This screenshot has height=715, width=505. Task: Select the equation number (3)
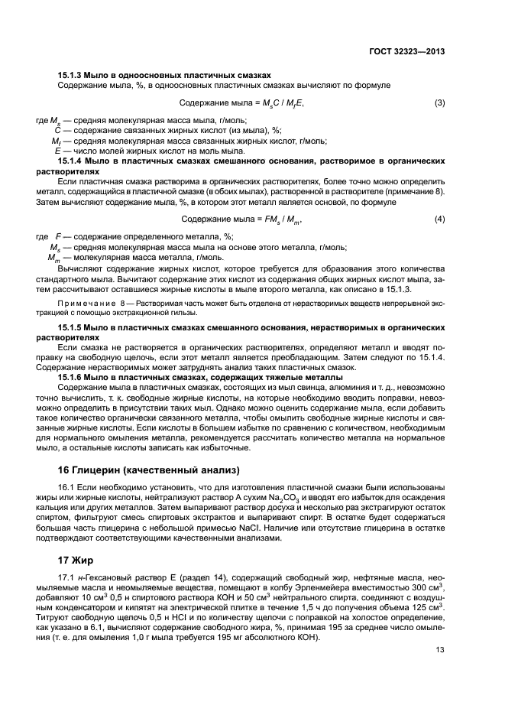point(440,102)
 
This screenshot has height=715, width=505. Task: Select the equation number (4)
point(440,220)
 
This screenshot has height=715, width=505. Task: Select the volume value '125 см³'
point(430,609)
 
